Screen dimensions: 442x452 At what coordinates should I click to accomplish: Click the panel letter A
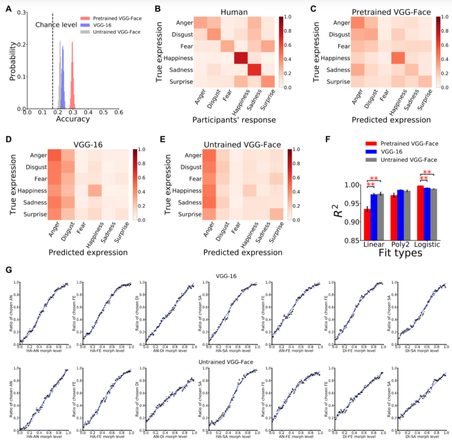click(9, 9)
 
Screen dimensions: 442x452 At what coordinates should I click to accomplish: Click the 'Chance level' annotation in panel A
click(56, 25)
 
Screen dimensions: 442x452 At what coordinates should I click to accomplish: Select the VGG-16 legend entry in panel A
click(102, 25)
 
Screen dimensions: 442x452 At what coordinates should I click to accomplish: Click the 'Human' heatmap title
click(234, 12)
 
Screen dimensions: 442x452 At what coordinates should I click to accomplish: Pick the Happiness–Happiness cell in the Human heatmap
click(241, 58)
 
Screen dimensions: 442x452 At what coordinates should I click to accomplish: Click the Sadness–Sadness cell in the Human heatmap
click(254, 70)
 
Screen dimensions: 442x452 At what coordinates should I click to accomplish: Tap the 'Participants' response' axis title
click(234, 120)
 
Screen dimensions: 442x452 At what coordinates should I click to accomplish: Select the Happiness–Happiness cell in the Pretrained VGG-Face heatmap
click(398, 58)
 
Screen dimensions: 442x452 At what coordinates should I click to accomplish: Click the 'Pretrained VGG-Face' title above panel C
click(391, 12)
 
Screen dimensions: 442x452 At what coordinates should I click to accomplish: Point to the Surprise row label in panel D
click(35, 214)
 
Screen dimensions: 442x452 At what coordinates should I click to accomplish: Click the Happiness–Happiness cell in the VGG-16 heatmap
click(95, 191)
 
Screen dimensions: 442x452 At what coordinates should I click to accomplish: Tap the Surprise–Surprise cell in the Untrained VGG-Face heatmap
click(277, 214)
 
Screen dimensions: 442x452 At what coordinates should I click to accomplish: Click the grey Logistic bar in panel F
click(434, 214)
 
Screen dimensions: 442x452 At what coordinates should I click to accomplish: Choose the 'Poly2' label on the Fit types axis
click(400, 244)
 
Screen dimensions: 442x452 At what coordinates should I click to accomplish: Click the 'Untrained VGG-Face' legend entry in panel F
click(409, 160)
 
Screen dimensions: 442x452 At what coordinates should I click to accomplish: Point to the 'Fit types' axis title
click(400, 253)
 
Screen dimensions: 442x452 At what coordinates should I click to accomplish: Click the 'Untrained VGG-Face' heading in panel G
click(226, 362)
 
